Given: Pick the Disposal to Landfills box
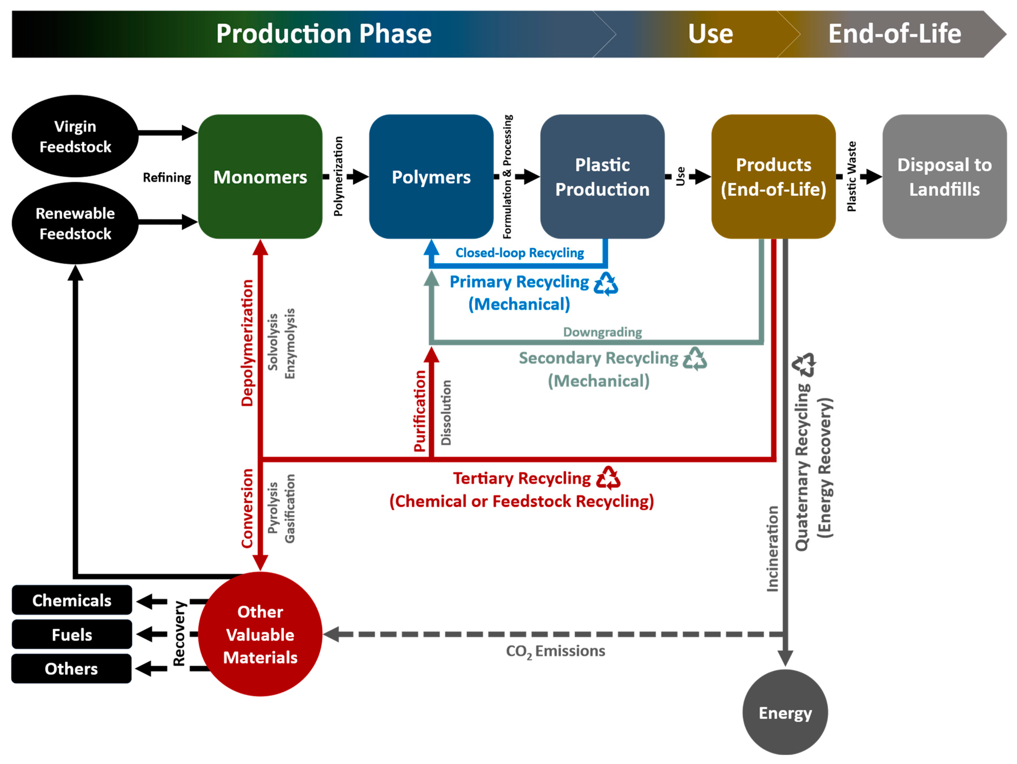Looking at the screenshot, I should tap(944, 177).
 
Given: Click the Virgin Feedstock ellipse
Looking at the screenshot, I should tap(75, 136).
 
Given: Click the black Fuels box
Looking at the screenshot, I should tap(72, 634).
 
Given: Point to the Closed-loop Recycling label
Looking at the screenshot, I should tap(520, 253).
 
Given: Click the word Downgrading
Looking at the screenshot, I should tap(602, 332).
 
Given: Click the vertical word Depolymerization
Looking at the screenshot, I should tap(247, 343).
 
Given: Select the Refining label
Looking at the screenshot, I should tap(167, 178).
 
